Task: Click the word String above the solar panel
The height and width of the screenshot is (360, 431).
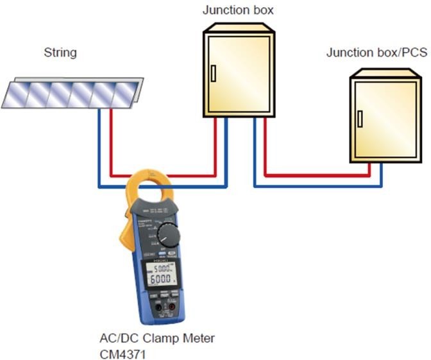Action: coord(60,53)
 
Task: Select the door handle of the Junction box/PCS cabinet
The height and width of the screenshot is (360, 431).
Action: coord(360,119)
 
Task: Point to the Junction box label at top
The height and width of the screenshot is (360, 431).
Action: coord(239,10)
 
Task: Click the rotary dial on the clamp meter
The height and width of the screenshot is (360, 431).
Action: coord(169,234)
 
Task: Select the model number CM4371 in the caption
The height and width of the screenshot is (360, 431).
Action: coord(123,350)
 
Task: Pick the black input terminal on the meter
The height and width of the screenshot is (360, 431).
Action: coord(164,314)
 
